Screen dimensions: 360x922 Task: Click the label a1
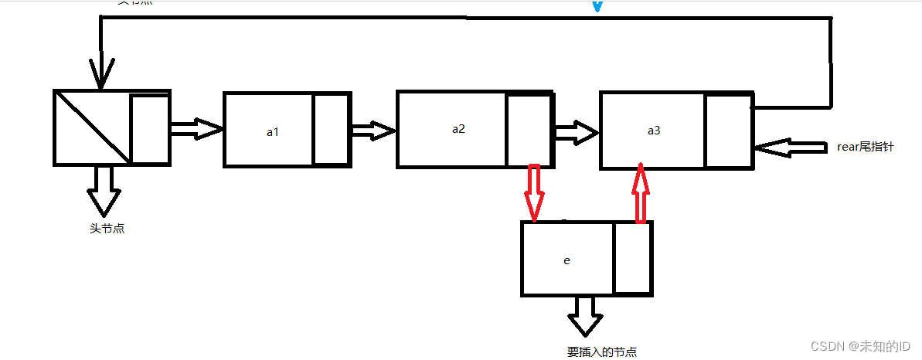[x=272, y=132]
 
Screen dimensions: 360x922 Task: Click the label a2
[x=458, y=128]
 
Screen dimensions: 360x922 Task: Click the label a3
[x=654, y=131]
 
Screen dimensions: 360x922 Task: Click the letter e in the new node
[x=566, y=260]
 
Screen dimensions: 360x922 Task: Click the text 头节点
[x=107, y=228]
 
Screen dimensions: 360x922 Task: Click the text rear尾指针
[x=865, y=146]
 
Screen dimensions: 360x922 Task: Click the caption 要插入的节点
[x=602, y=352]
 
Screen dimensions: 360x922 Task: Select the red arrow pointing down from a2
[x=532, y=192]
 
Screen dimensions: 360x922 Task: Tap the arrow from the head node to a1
[x=196, y=129]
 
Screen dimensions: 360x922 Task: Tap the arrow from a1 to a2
[x=373, y=131]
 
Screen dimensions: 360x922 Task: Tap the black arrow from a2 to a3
[x=576, y=132]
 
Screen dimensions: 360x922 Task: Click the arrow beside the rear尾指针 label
[x=792, y=148]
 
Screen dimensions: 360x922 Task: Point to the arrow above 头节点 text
[x=104, y=192]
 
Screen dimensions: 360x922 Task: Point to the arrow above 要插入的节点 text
[x=585, y=313]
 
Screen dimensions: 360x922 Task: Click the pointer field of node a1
[x=331, y=129]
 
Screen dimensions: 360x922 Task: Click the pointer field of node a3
[x=728, y=131]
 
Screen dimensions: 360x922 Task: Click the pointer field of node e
[x=632, y=258]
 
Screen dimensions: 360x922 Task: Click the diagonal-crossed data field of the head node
[x=92, y=127]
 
